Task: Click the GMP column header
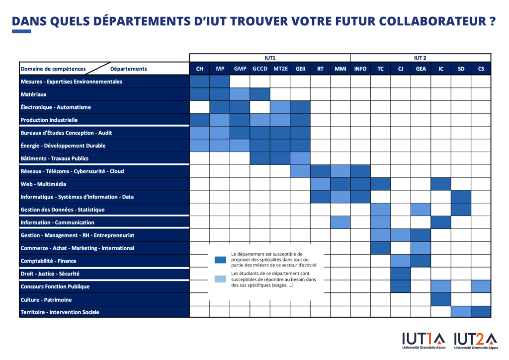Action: (x=240, y=69)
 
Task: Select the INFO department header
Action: (x=360, y=69)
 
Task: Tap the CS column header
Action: (x=481, y=69)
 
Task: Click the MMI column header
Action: (x=340, y=69)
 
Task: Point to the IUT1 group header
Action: (x=269, y=58)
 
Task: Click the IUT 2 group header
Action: (x=420, y=58)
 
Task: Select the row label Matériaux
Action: (x=32, y=94)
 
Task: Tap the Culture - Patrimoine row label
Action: (x=46, y=299)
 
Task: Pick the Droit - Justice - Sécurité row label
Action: (x=50, y=273)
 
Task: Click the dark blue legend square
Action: (x=220, y=260)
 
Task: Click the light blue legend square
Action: (x=220, y=279)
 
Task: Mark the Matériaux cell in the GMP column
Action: (x=240, y=94)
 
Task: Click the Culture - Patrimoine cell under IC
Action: (x=440, y=299)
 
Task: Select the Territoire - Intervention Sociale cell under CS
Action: (x=481, y=312)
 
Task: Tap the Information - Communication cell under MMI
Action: (x=340, y=222)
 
